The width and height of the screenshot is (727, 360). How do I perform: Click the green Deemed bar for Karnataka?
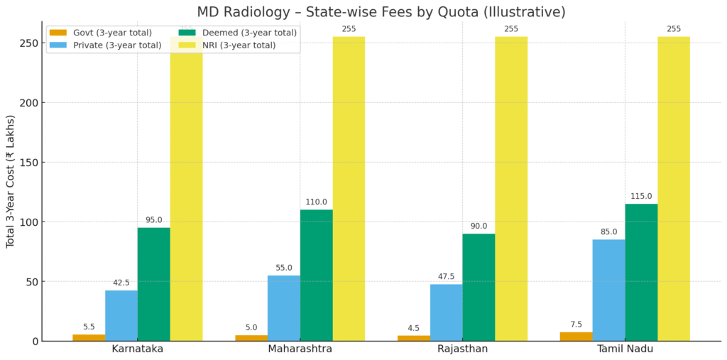pos(153,284)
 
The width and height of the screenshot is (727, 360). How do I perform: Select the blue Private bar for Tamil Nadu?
pos(608,290)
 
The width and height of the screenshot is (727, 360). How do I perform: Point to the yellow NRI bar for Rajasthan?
pos(511,188)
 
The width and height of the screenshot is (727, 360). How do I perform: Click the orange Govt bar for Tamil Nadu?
pos(576,337)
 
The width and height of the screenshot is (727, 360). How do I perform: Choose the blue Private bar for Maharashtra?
pos(284,308)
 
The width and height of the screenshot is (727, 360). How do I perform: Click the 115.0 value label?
pos(641,197)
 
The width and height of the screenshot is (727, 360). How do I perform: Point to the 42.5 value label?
pos(121,283)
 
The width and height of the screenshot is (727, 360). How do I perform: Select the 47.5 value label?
pos(447,277)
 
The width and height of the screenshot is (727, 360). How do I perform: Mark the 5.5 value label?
pos(89,327)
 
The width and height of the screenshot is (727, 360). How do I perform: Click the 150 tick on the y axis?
pos(29,163)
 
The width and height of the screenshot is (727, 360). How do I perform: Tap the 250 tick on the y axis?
pos(29,43)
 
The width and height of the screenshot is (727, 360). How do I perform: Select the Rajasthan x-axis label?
pos(462,349)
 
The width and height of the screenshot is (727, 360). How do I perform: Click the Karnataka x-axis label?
pos(138,349)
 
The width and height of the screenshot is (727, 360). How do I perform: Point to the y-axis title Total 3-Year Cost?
pos(11,181)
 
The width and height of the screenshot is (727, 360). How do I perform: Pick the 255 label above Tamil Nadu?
pos(674,29)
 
